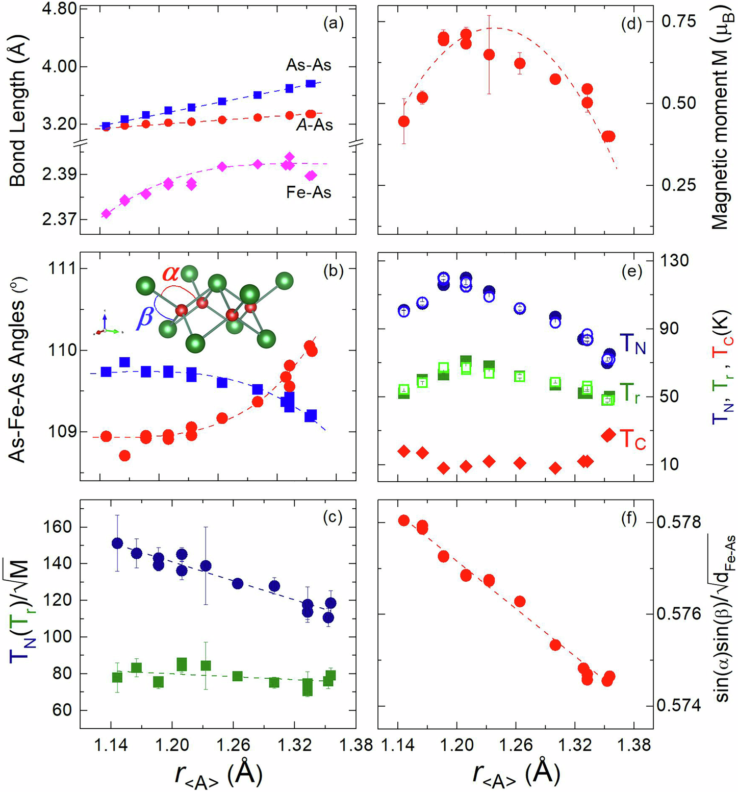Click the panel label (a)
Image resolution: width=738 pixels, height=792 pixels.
pos(334,23)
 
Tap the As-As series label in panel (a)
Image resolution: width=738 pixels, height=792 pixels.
pos(308,65)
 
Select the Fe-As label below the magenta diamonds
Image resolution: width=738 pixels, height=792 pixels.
pos(309,192)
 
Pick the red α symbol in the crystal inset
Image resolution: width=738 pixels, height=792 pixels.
pos(171,274)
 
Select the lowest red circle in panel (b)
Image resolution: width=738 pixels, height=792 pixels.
pos(124,456)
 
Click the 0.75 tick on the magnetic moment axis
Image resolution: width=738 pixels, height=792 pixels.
pos(678,22)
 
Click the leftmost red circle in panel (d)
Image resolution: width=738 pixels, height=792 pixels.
pos(404,121)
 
